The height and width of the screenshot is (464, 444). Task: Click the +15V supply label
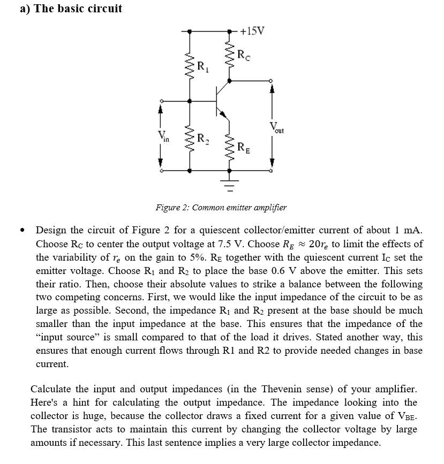(x=252, y=31)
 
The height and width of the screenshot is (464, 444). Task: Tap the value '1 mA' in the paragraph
(x=409, y=230)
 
